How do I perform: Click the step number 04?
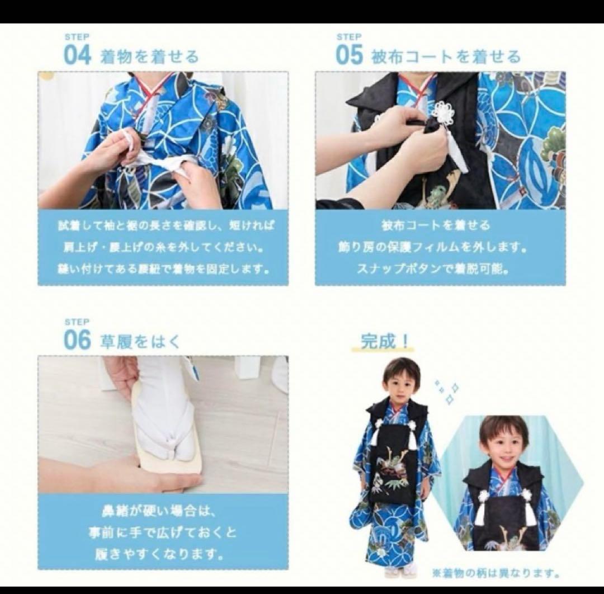(77, 55)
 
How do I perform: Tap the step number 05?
(349, 55)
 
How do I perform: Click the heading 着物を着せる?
(149, 56)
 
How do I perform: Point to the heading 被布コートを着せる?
(446, 56)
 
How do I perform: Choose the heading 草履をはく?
(140, 341)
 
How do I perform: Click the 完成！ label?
(386, 341)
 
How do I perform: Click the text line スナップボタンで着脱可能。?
(440, 268)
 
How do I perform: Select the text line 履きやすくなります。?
(163, 555)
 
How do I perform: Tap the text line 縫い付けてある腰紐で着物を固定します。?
(163, 268)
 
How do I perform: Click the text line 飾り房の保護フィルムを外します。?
(440, 247)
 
